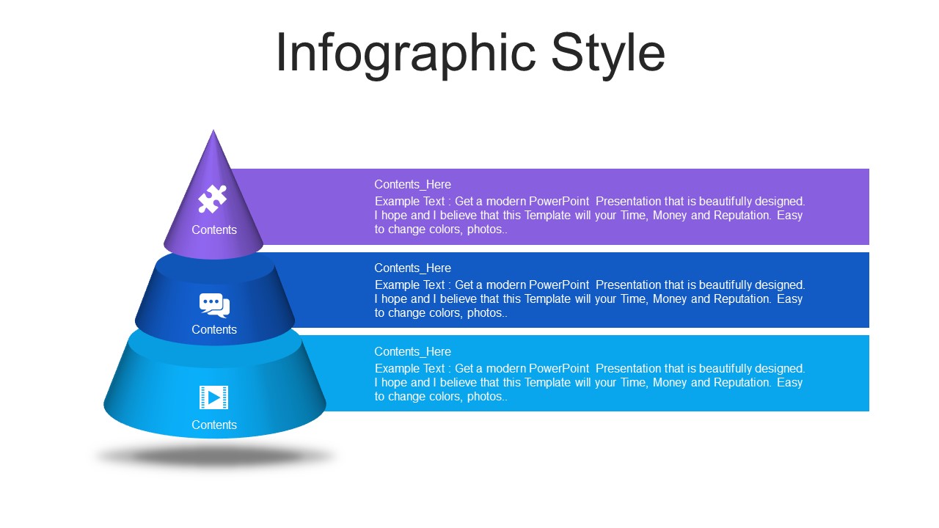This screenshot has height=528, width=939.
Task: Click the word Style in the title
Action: click(x=608, y=54)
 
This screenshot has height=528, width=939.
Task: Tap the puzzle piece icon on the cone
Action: click(x=213, y=199)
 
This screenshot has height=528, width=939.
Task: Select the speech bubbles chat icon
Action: click(x=214, y=306)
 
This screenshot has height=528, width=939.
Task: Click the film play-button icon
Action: click(x=213, y=397)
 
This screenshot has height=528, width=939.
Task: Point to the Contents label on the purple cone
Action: click(x=214, y=230)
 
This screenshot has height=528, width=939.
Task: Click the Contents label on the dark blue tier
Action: click(x=214, y=329)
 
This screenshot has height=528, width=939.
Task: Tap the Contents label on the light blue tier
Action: click(x=214, y=425)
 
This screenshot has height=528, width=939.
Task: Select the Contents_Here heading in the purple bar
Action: click(x=412, y=184)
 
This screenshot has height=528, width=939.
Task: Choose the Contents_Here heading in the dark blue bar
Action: click(x=412, y=268)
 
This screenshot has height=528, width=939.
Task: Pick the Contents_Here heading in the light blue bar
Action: click(x=412, y=351)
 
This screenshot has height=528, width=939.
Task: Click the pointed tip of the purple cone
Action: click(x=213, y=131)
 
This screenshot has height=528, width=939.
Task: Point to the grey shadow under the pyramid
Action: click(x=216, y=456)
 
